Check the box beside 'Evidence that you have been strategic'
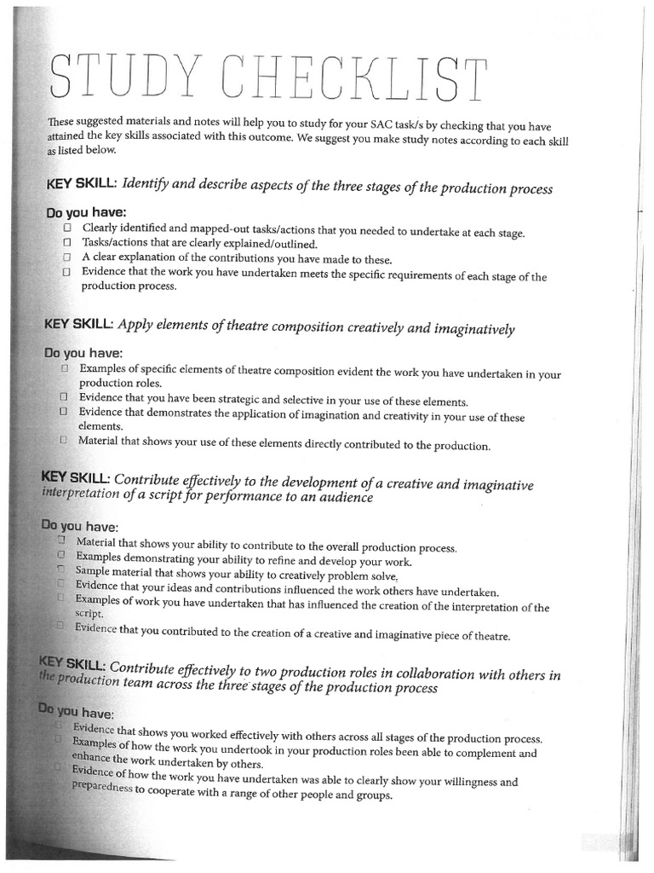point(64,397)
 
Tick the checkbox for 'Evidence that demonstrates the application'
point(64,411)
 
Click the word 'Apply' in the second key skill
point(135,324)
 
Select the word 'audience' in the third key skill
point(344,498)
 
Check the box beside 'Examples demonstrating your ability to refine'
point(61,555)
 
